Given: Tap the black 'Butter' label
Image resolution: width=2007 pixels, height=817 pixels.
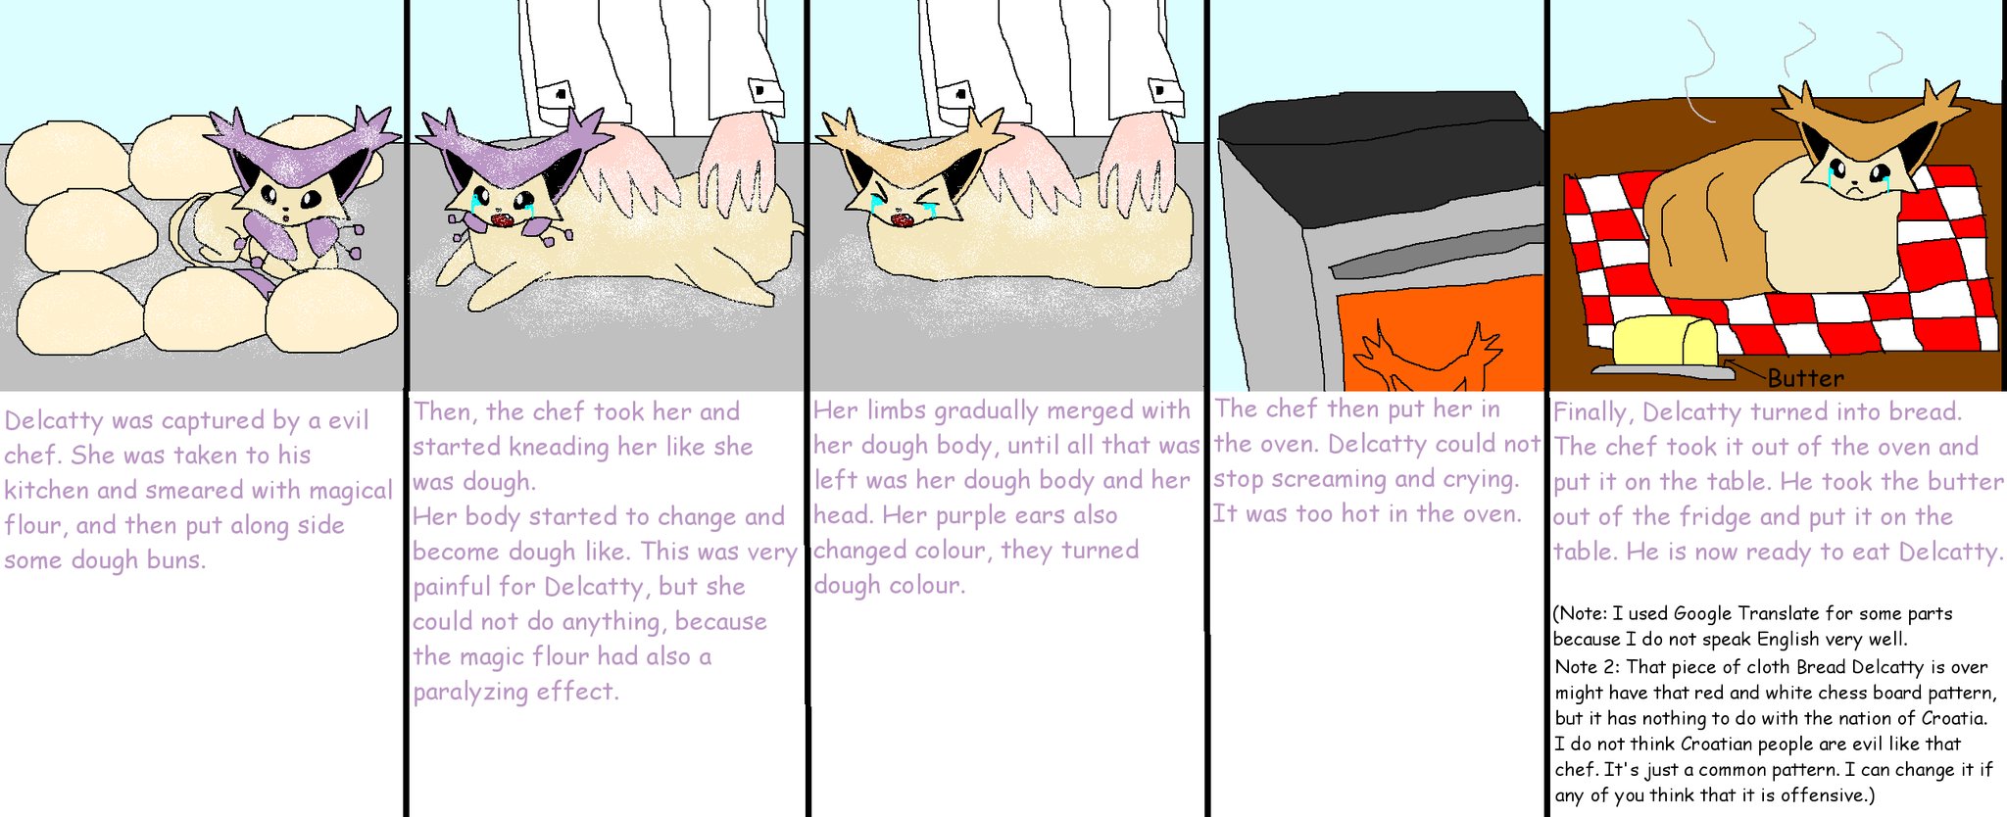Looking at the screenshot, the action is point(1806,378).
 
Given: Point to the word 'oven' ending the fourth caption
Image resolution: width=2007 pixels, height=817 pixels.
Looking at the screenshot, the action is point(1490,514).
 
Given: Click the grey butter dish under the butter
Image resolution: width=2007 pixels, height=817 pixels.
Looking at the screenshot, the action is point(1657,371).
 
